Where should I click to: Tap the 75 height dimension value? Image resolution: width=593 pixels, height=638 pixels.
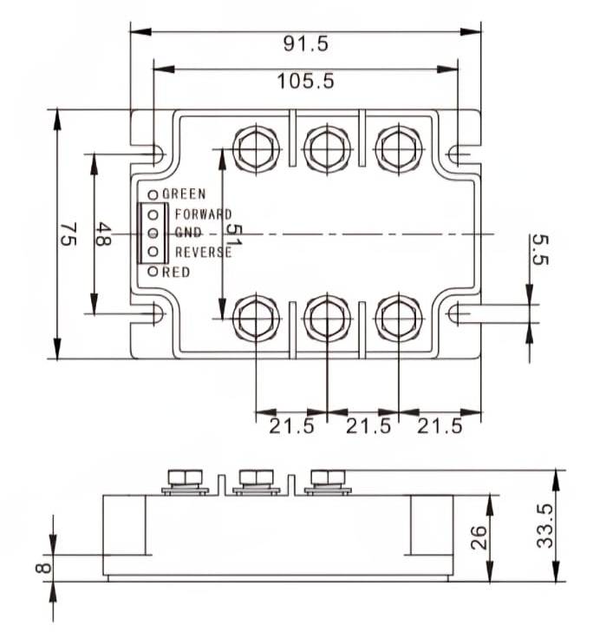68,233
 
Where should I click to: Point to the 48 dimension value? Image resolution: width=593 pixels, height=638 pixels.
102,233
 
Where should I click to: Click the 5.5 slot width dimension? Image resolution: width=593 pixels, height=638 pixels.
540,249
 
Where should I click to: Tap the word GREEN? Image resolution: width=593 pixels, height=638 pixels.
184,194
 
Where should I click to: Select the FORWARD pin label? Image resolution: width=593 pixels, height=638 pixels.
203,214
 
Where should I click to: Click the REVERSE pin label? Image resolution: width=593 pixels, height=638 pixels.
203,253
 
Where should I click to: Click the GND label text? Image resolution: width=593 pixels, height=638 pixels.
188,233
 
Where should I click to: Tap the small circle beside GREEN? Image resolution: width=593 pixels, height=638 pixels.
153,194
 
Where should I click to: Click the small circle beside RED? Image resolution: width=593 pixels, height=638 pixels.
153,272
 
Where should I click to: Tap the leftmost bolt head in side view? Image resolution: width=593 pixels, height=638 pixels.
183,477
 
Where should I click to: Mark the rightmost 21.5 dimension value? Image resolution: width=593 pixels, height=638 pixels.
438,426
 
